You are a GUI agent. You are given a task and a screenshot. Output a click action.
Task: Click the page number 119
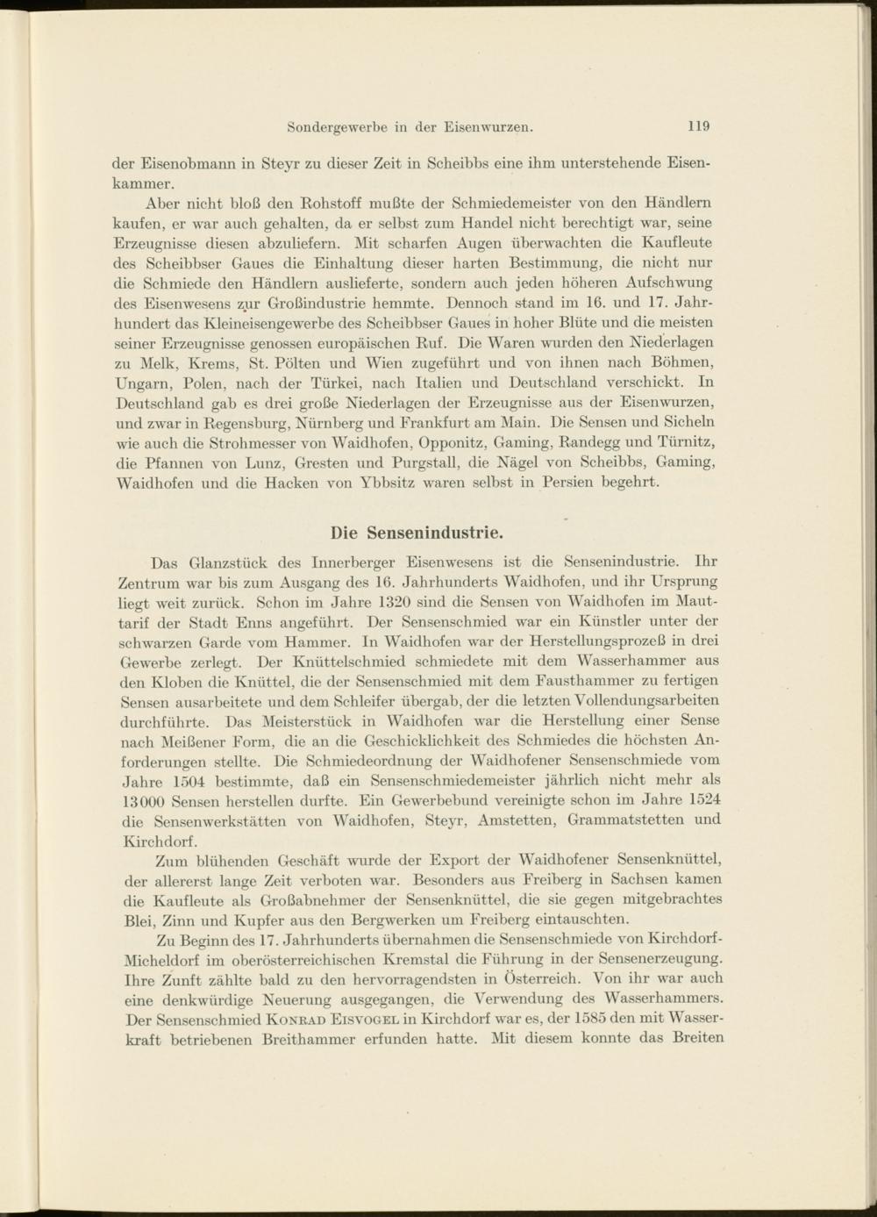click(x=698, y=125)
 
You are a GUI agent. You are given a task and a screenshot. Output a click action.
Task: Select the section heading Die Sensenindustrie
click(x=417, y=533)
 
